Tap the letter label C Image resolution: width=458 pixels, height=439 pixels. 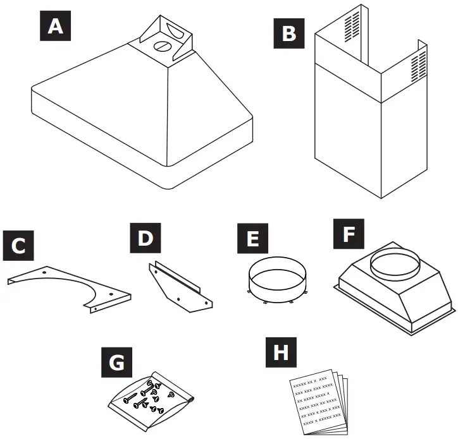19,246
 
